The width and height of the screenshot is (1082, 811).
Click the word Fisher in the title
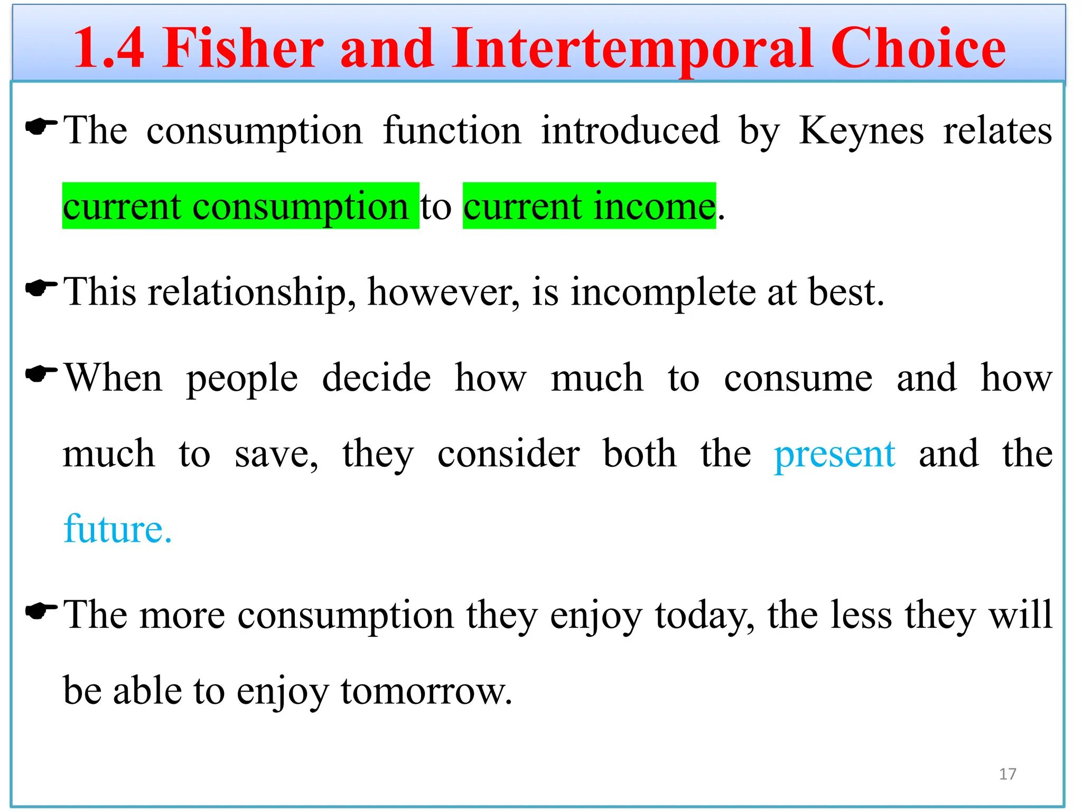242,49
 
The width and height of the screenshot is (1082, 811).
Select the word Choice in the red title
918,49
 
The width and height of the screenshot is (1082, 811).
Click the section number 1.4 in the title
109,49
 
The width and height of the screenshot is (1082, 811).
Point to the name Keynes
861,130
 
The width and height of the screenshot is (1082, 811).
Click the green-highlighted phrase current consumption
240,206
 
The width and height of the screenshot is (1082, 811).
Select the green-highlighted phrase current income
589,206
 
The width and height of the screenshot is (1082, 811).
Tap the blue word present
834,454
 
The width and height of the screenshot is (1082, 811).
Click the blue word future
117,529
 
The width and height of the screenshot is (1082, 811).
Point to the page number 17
1008,774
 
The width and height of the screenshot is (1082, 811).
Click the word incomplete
663,292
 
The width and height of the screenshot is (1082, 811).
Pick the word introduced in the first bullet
630,130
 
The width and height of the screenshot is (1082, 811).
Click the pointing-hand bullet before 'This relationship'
41,288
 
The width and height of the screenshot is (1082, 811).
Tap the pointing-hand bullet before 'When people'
41,374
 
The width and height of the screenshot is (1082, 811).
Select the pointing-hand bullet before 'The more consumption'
41,611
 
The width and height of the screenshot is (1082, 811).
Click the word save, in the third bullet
276,454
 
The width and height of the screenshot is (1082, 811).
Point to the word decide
376,378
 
